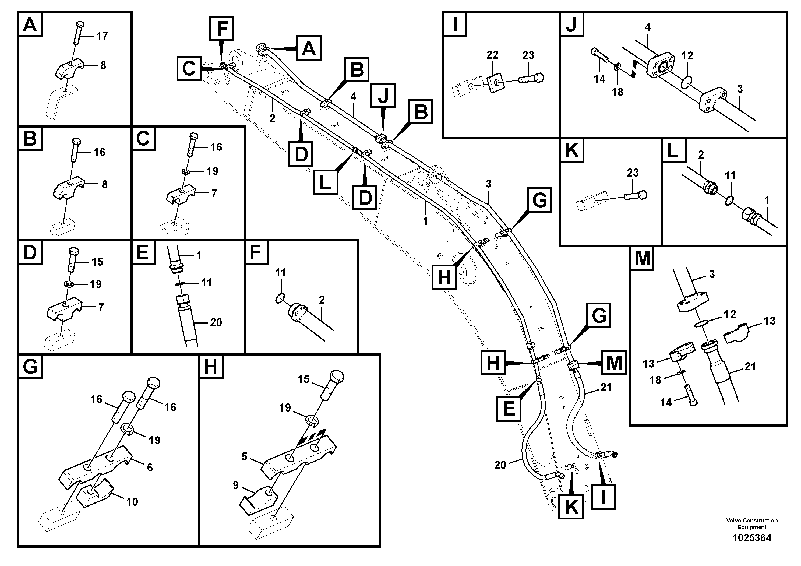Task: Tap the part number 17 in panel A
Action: coord(102,36)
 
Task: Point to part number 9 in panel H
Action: coord(236,485)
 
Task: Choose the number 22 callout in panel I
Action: coord(492,55)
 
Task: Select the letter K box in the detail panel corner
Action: coord(571,150)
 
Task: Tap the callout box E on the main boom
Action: coord(508,409)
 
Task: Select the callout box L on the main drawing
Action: coord(325,182)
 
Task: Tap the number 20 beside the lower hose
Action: coord(500,465)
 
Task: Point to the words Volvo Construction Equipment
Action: coord(752,524)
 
